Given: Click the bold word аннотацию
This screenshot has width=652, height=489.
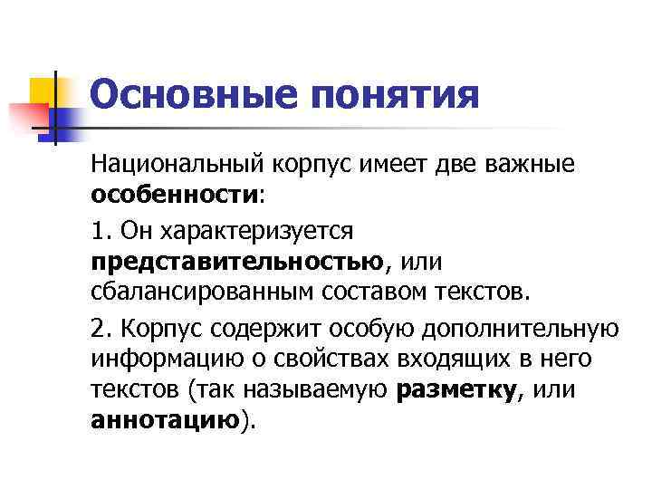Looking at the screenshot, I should point(165,421).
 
